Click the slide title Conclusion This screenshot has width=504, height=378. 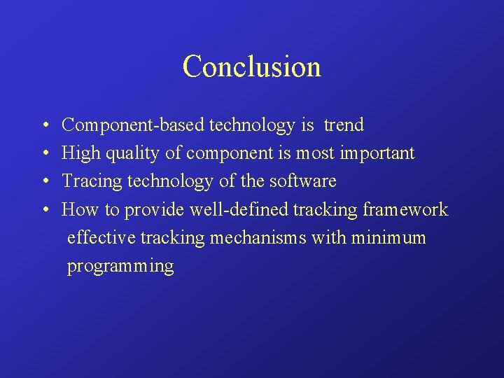(251, 66)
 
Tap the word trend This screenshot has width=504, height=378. (344, 125)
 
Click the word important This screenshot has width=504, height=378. (379, 153)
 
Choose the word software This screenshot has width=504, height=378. (302, 181)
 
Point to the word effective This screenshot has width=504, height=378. (101, 238)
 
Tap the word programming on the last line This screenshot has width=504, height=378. (120, 267)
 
